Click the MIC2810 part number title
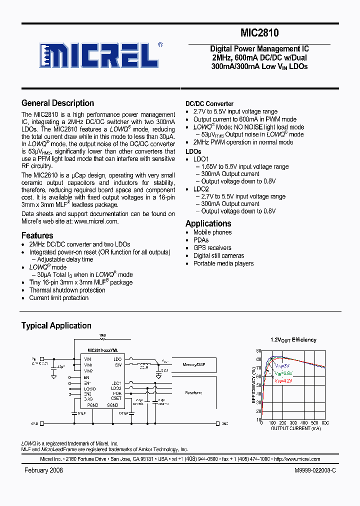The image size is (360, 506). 259,33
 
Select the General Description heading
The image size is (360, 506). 57,103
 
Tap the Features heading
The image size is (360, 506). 37,235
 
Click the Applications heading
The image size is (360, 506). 208,223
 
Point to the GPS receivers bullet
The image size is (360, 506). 212,248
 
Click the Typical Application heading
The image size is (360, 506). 56,325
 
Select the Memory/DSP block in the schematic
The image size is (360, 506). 193,365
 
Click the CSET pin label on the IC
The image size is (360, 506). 116,398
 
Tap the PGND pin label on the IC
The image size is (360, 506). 93,405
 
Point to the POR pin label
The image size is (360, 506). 117,393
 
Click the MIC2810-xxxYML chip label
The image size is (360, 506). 103,351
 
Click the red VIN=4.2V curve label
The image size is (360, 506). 283,380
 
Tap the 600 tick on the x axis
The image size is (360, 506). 325,423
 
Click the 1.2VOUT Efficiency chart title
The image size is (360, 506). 293,340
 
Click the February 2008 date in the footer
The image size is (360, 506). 43,471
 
